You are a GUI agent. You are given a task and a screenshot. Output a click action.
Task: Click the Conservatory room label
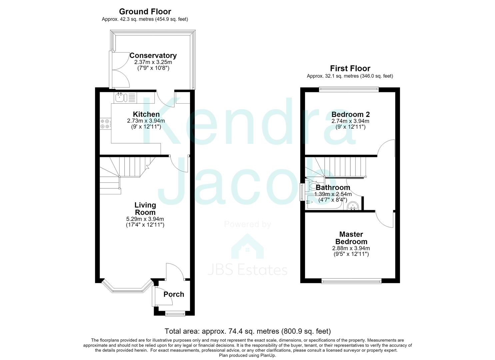pyautogui.click(x=153, y=55)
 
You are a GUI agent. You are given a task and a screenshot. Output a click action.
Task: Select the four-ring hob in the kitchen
pyautogui.click(x=105, y=124)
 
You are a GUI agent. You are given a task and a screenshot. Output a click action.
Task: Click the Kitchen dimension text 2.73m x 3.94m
pyautogui.click(x=146, y=121)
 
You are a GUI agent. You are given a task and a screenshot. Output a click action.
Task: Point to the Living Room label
pyautogui.click(x=145, y=209)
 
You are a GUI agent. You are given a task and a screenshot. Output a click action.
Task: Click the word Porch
pyautogui.click(x=174, y=294)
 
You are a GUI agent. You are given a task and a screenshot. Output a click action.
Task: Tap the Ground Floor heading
pyautogui.click(x=145, y=11)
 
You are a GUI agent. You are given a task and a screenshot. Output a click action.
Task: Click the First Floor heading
pyautogui.click(x=350, y=68)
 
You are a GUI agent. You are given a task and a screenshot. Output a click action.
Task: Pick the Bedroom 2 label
pyautogui.click(x=350, y=114)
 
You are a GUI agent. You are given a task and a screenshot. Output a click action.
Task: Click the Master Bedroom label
pyautogui.click(x=351, y=238)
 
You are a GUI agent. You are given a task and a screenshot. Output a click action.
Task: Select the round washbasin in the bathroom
pyautogui.click(x=353, y=206)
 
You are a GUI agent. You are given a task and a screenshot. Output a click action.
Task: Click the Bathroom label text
pyautogui.click(x=333, y=188)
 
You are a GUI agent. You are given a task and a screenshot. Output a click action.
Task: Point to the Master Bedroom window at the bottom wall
pyautogui.click(x=351, y=281)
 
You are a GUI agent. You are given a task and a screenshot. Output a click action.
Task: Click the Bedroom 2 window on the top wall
pyautogui.click(x=349, y=89)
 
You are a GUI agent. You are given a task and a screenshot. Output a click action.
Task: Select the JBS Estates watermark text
pyautogui.click(x=247, y=270)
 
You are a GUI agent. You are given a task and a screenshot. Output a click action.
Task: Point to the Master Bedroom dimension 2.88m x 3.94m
pyautogui.click(x=351, y=248)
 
